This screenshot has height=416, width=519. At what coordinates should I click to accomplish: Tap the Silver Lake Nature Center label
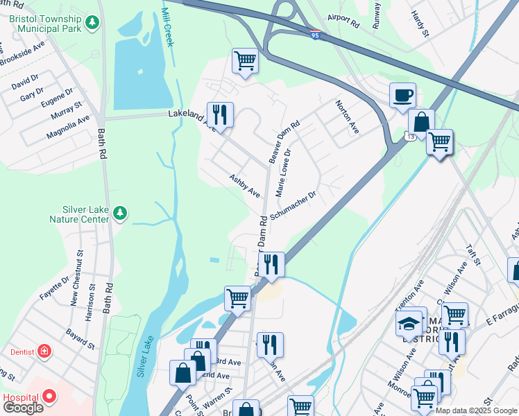click(76, 214)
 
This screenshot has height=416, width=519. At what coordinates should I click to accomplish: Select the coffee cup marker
click(402, 96)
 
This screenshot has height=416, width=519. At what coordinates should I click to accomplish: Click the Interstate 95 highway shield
click(315, 33)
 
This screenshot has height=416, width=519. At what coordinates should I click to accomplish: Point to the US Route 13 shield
click(412, 137)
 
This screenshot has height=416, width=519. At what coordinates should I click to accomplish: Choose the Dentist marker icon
click(44, 351)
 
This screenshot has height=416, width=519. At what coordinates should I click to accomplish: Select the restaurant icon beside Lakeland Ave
click(220, 114)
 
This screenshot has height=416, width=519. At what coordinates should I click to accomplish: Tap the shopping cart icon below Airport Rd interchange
click(245, 61)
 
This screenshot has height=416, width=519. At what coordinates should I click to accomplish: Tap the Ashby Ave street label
click(245, 184)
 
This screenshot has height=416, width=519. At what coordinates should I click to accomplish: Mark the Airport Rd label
click(344, 24)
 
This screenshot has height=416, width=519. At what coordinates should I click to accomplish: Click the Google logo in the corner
click(22, 408)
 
